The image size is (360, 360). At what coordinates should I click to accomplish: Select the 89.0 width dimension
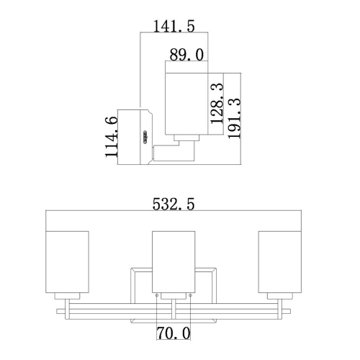[189, 54]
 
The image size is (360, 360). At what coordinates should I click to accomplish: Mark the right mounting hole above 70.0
[190, 294]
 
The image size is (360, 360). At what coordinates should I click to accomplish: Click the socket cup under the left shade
[67, 297]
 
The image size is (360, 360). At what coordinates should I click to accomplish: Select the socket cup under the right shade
[280, 297]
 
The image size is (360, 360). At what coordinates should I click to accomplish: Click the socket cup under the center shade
[174, 297]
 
